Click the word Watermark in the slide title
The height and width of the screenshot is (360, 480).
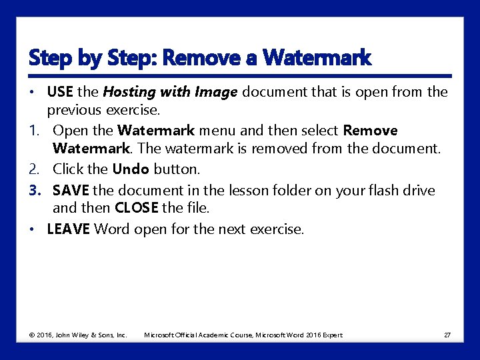click(317, 57)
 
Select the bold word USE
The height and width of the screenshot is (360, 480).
click(60, 91)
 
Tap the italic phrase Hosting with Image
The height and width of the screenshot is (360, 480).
click(170, 93)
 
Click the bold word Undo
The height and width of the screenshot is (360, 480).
click(131, 169)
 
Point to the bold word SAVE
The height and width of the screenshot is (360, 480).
click(71, 191)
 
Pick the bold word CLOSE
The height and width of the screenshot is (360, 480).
click(137, 208)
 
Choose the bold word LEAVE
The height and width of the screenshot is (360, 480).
click(68, 229)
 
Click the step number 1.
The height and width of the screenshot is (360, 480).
click(34, 131)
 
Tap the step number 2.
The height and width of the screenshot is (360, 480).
click(34, 169)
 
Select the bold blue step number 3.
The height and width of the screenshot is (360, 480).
click(35, 191)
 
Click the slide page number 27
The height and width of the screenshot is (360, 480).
click(447, 335)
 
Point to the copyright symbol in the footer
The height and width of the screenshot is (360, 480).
click(32, 335)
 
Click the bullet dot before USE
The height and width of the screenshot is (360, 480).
click(32, 92)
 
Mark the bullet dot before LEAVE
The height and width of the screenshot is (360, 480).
click(32, 229)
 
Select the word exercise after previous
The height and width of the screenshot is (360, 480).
click(131, 111)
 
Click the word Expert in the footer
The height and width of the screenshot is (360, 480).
click(333, 335)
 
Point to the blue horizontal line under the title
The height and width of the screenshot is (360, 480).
click(240, 76)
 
